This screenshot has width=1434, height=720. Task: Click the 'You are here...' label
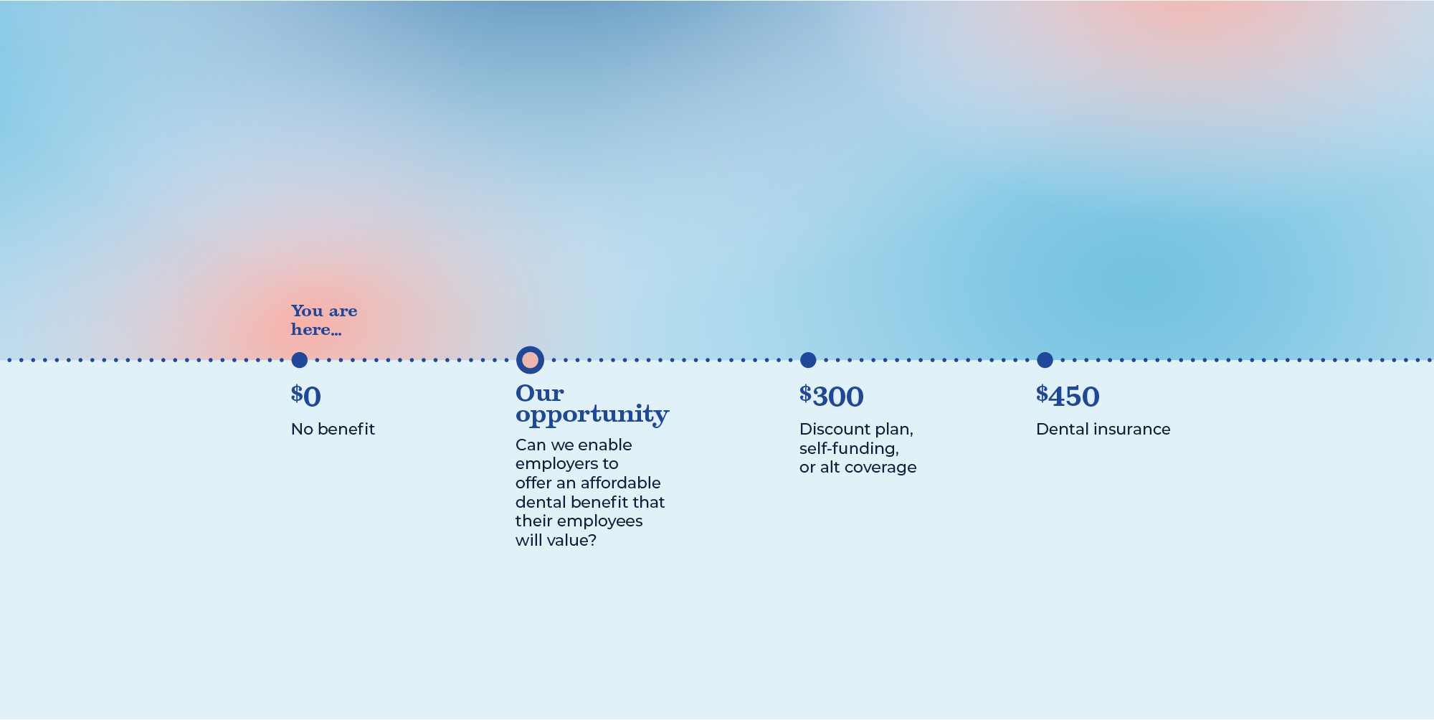324,320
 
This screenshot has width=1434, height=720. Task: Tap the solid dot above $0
300,360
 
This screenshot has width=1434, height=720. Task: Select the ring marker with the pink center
530,360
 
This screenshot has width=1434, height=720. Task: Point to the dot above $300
808,360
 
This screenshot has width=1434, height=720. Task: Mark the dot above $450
1045,360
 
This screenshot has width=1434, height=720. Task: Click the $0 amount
306,396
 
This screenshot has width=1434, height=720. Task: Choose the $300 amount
832,396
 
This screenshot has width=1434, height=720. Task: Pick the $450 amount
1068,396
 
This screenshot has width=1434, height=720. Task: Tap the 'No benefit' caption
333,429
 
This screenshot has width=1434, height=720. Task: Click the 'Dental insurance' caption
1103,429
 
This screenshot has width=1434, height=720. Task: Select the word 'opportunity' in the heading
592,415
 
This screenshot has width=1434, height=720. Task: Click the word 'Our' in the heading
540,393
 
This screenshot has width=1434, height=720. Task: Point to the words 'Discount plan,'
856,430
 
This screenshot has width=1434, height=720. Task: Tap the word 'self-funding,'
849,449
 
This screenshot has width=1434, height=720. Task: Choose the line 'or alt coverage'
858,468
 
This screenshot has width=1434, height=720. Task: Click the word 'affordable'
620,483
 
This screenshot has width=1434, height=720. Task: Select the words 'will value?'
556,540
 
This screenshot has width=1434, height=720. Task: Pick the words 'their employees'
579,521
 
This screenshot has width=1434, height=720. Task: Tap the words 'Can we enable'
574,445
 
